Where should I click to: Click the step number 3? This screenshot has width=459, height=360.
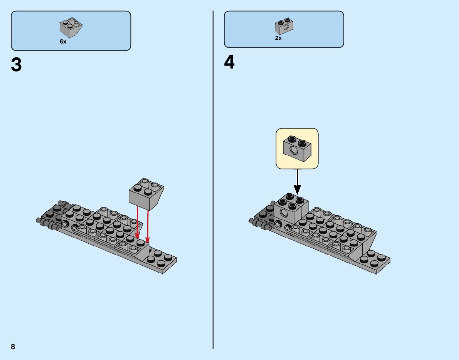tap(17, 65)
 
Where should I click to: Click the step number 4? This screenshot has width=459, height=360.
tap(229, 62)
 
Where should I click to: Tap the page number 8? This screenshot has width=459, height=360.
tap(13, 347)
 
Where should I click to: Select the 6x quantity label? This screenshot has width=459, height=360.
tap(63, 42)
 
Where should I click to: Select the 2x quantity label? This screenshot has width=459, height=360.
tap(278, 38)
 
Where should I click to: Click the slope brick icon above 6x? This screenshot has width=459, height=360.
tap(71, 27)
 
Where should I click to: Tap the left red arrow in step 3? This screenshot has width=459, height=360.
tap(138, 223)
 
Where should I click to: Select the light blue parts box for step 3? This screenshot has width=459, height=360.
tap(71, 31)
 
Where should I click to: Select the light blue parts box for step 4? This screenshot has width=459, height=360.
tap(284, 29)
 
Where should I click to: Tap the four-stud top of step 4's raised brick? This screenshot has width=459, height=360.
tap(292, 201)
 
